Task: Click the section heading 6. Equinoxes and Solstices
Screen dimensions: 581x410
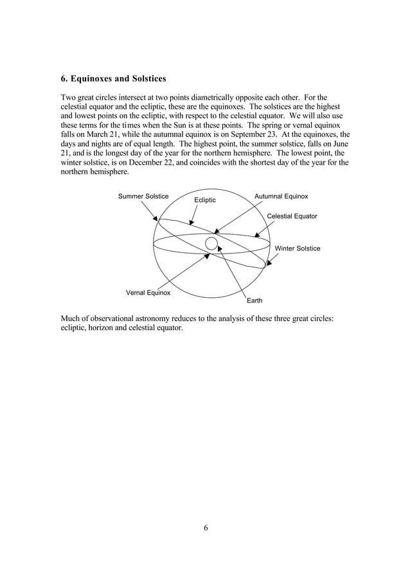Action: click(113, 79)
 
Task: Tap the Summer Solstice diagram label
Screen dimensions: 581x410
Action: click(143, 196)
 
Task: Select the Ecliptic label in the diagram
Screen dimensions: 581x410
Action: click(205, 201)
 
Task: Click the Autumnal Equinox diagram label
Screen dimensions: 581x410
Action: click(281, 196)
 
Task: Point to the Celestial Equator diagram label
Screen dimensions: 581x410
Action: click(292, 216)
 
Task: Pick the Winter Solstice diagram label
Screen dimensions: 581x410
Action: click(297, 248)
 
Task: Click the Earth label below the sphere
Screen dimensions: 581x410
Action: click(254, 300)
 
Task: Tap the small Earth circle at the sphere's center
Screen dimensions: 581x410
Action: click(211, 243)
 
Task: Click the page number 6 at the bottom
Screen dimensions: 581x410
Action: click(206, 528)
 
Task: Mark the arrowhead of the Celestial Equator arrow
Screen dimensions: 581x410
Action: click(257, 235)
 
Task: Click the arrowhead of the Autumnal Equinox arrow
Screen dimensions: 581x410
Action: click(217, 232)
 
